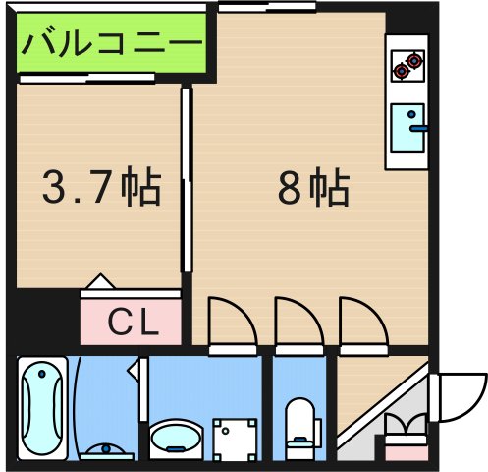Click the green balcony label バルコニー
114,44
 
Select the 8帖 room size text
312,187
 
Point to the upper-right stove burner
415,59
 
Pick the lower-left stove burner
401,71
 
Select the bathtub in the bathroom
42,403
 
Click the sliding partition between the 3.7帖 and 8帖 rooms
186,177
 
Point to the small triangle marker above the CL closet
100,284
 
